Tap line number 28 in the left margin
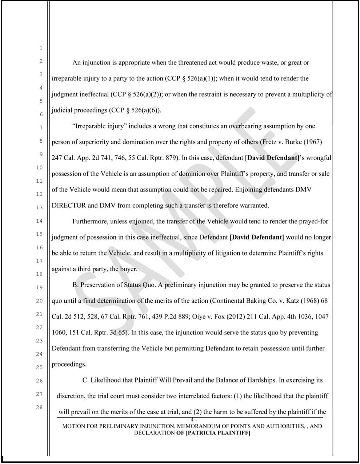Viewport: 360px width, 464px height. point(39,407)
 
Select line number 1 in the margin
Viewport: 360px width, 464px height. point(41,48)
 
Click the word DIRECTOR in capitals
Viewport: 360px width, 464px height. point(69,205)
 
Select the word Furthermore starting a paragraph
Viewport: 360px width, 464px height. point(89,221)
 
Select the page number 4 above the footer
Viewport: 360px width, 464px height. point(192,420)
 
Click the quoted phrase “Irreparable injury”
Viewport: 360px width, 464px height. point(99,126)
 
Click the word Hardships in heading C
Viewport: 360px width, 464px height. point(261,380)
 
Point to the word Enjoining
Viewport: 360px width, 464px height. point(249,190)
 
